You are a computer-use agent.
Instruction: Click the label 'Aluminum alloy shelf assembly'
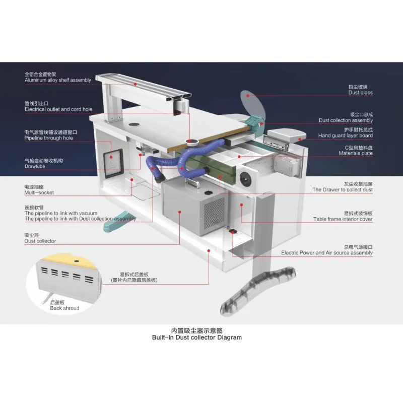point(58,80)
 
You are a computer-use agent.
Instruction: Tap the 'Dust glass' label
point(360,93)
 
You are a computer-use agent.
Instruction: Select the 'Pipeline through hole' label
point(48,138)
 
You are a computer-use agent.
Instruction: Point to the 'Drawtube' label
point(35,166)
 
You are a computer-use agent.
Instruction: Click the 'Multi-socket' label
point(39,192)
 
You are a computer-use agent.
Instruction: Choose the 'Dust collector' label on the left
point(40,241)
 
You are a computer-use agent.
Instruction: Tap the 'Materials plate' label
point(356,153)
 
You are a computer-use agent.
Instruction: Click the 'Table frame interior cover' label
point(343,219)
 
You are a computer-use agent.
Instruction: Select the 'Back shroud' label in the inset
point(64,308)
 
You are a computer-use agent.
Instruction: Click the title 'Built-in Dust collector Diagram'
point(197,337)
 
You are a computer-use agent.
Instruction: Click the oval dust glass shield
point(252,105)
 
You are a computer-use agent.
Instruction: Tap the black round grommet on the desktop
point(133,125)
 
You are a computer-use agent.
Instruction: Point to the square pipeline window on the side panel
point(113,163)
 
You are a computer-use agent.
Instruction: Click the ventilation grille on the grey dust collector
point(214,213)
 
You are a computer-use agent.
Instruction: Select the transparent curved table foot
point(258,291)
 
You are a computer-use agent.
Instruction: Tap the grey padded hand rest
point(287,135)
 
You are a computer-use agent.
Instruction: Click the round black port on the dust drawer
point(245,178)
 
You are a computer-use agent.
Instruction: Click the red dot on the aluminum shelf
point(135,84)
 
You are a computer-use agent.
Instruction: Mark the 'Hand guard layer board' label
point(345,136)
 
